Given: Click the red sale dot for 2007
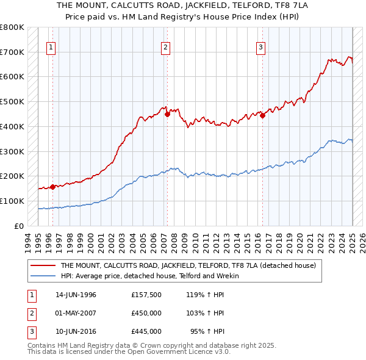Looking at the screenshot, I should [167, 113].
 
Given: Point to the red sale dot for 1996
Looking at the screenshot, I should [52, 187].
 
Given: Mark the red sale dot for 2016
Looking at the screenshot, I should [262, 115].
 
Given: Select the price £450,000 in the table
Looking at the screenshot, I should [146, 313].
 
